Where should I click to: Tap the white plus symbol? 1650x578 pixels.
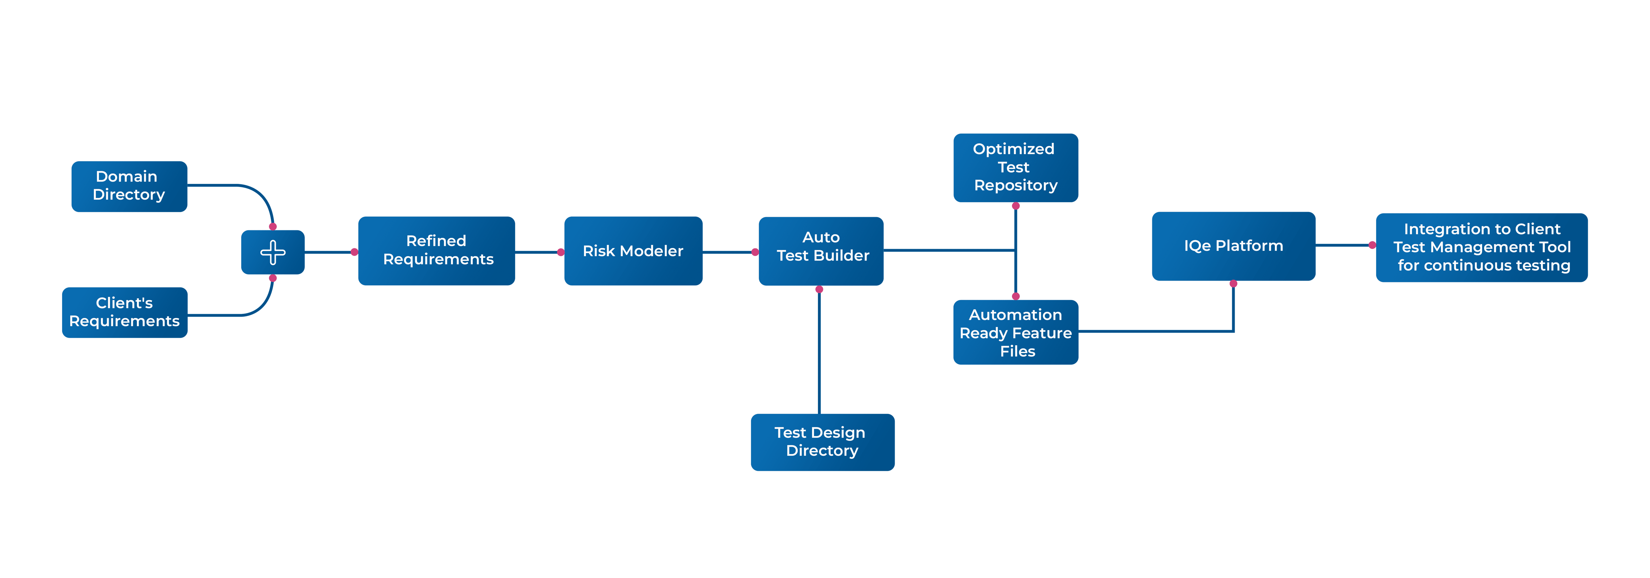point(273,252)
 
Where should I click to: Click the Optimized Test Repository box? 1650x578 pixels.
point(1015,168)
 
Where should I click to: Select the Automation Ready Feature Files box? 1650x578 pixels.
point(1015,332)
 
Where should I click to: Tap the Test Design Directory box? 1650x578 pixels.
point(822,442)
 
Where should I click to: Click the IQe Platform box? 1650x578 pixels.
point(1233,246)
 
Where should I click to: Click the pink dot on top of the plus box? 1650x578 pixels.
point(273,227)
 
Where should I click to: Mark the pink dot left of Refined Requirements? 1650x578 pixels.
point(354,252)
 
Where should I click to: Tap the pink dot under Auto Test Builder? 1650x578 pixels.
point(819,289)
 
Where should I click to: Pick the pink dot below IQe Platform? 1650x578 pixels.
point(1233,283)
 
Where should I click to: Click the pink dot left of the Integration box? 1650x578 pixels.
point(1372,245)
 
